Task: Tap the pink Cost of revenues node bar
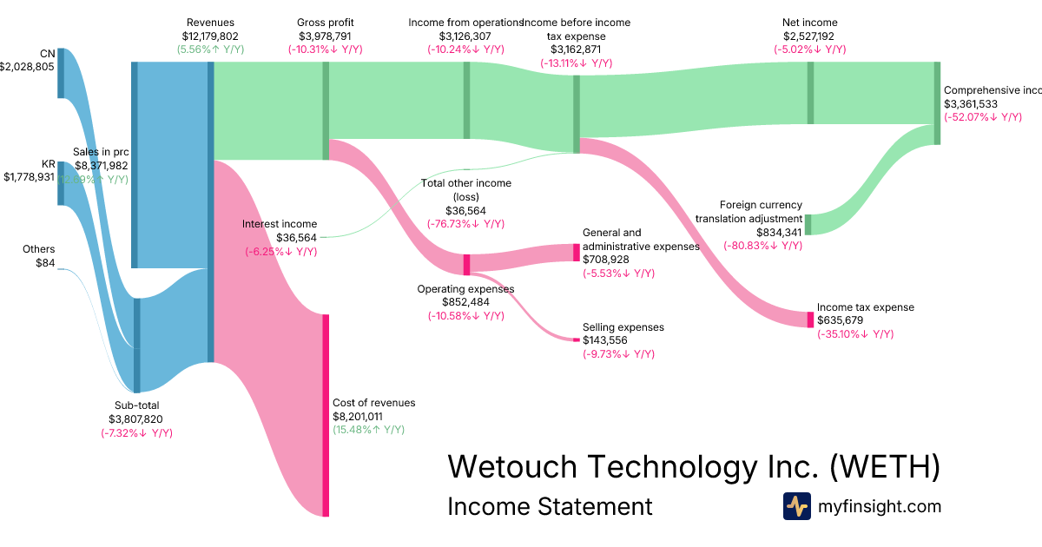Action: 326,415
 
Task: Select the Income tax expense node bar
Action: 811,320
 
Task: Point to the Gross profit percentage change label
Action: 326,50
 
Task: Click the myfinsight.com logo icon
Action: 796,506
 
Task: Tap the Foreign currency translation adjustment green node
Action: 808,224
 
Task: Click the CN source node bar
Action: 61,74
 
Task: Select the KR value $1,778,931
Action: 29,177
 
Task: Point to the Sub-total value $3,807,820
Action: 137,418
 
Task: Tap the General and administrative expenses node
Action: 575,253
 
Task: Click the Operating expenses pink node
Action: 466,265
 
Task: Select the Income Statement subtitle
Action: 549,506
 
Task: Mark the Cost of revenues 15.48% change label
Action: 368,430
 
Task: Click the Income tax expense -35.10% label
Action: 855,334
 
